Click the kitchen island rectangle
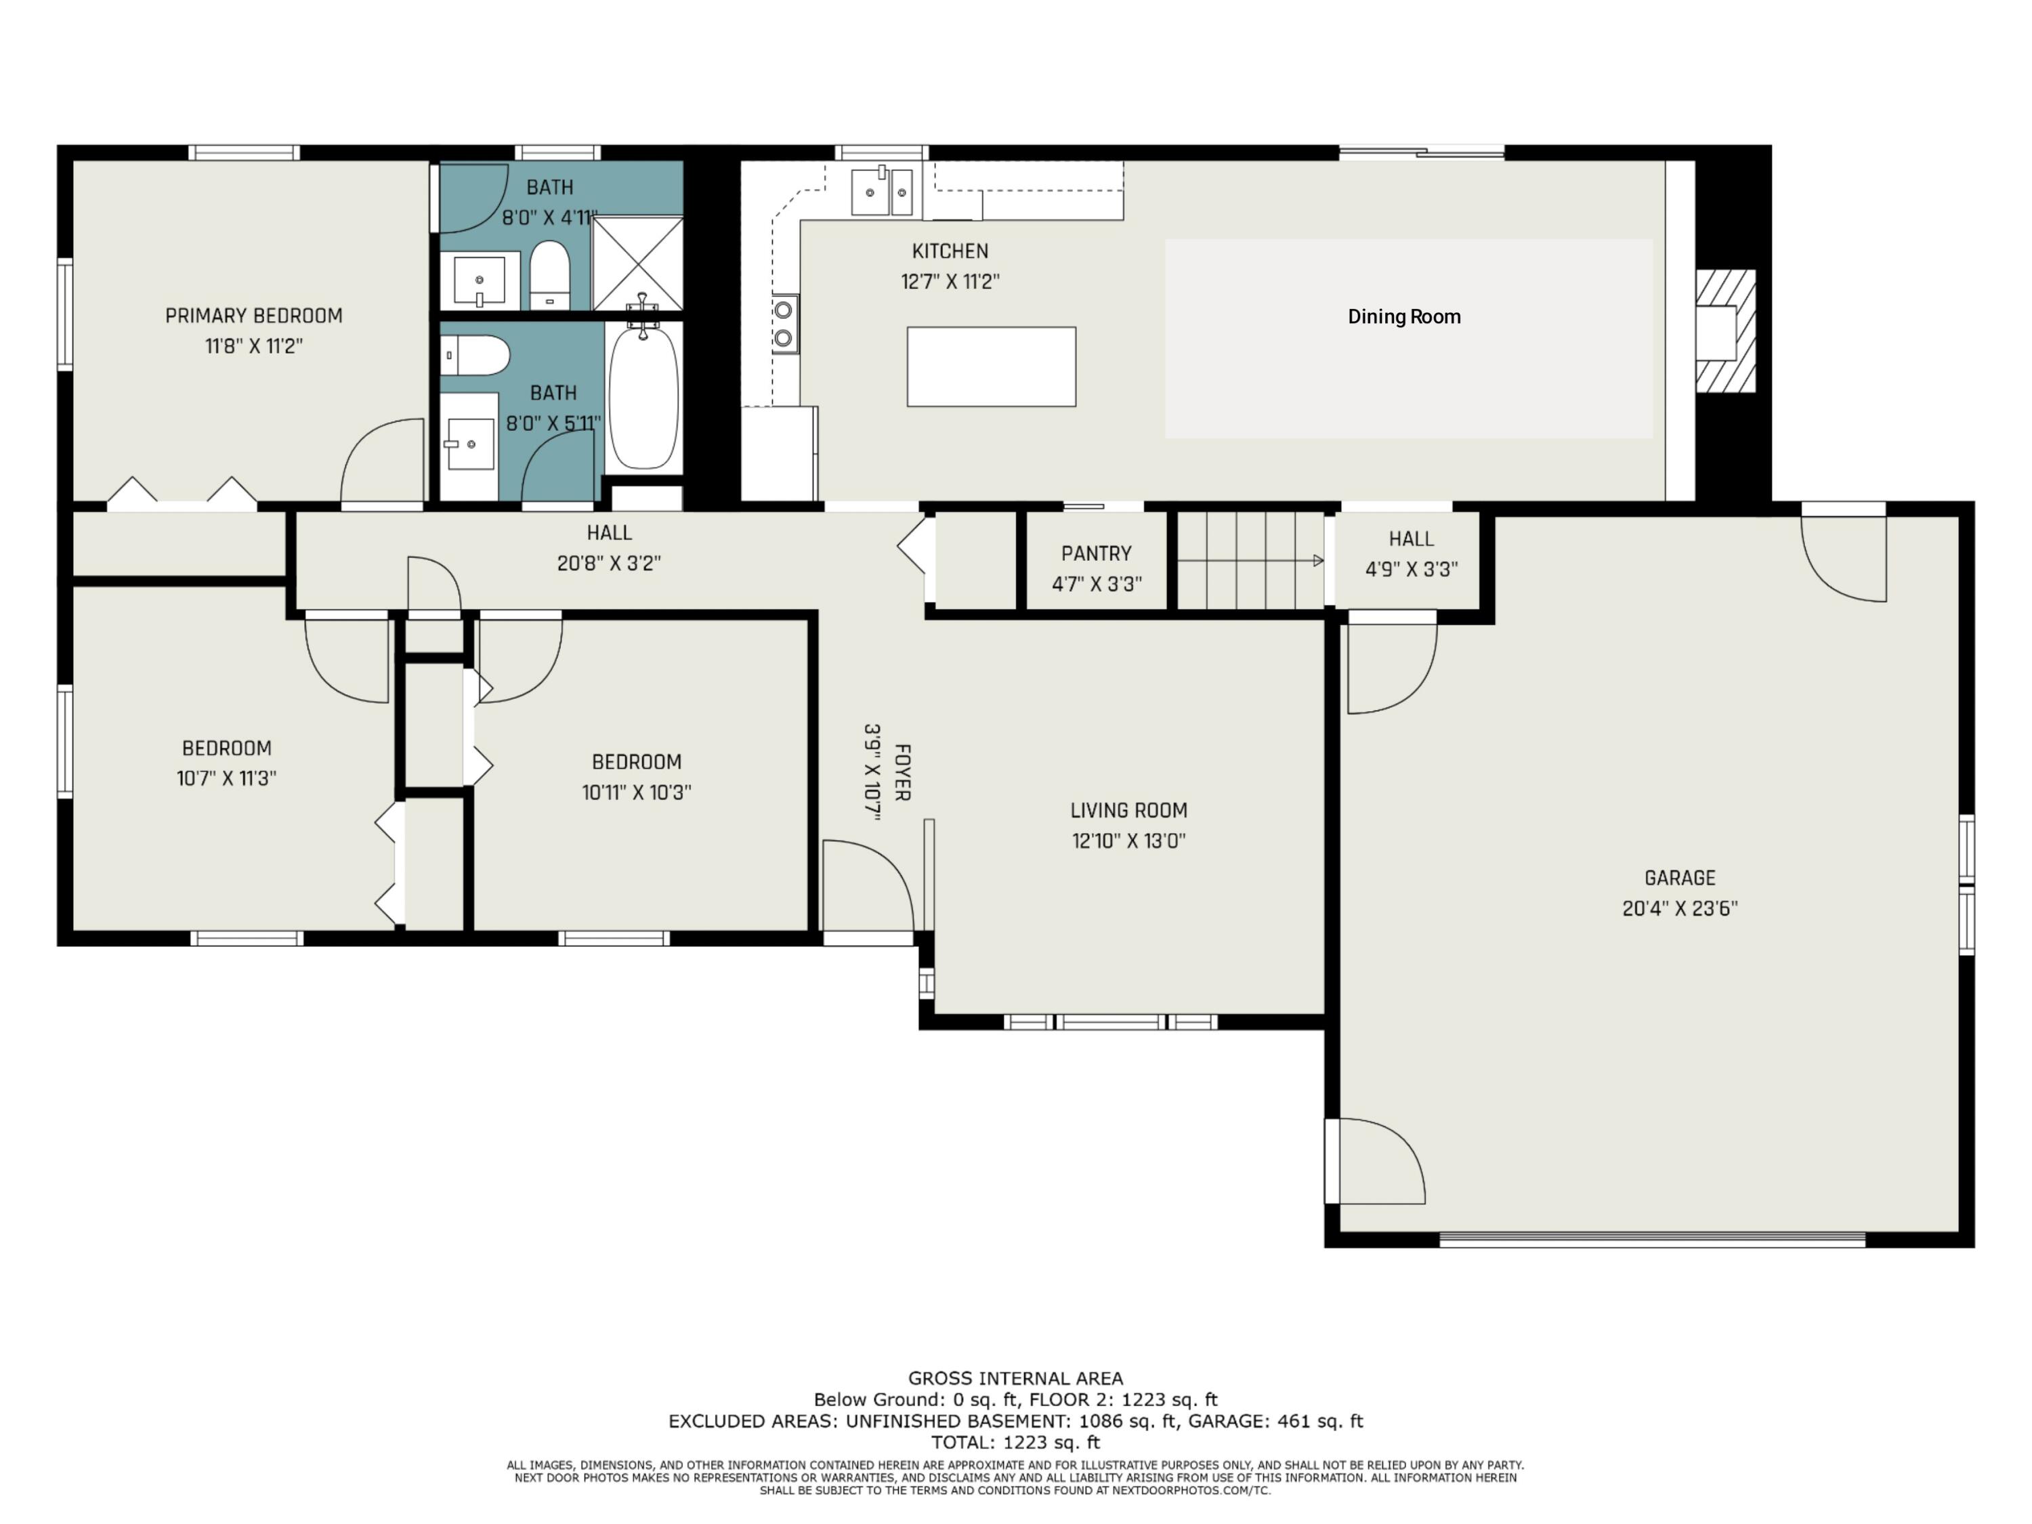tap(991, 366)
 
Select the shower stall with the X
tap(637, 263)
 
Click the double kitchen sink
tap(881, 192)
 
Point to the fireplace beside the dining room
tap(1725, 331)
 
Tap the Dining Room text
tap(1403, 317)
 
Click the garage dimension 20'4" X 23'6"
tap(1679, 908)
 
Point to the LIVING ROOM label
tap(1128, 810)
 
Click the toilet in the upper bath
tap(550, 275)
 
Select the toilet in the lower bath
tap(475, 356)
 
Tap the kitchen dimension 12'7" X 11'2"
tap(950, 281)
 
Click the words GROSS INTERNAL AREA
tap(1015, 1378)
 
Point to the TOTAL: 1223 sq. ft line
tap(1015, 1442)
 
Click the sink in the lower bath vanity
tap(469, 444)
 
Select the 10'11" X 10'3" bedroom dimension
tap(637, 792)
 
